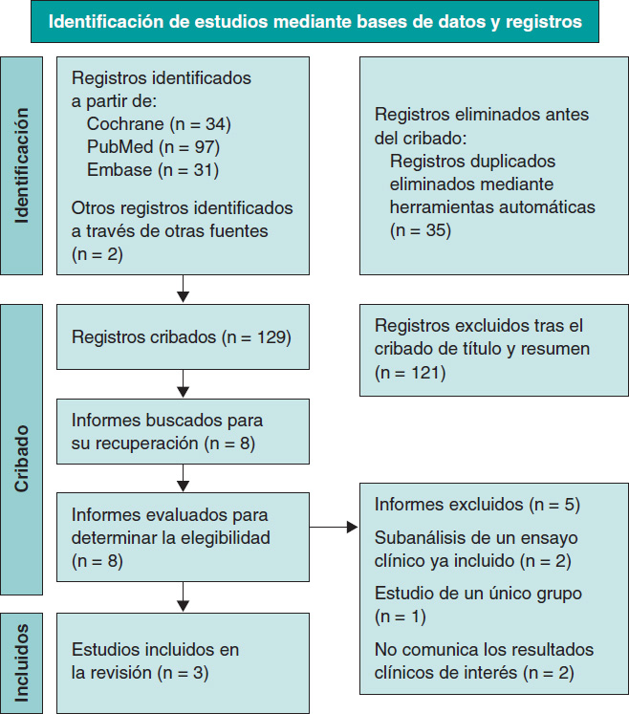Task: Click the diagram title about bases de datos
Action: tap(314, 22)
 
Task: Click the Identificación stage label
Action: tap(22, 165)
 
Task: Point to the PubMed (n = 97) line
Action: tap(153, 146)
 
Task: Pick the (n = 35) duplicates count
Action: tap(421, 229)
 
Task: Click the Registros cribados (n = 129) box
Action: tap(182, 336)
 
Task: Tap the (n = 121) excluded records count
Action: tap(410, 371)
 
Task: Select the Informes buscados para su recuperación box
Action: tap(182, 432)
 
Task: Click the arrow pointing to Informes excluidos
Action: tap(335, 527)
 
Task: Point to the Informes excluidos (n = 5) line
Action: tap(477, 504)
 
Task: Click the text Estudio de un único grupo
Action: tap(478, 594)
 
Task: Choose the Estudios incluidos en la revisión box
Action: tap(182, 660)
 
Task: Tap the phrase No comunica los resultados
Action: tap(484, 650)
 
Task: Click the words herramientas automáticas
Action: tap(492, 206)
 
